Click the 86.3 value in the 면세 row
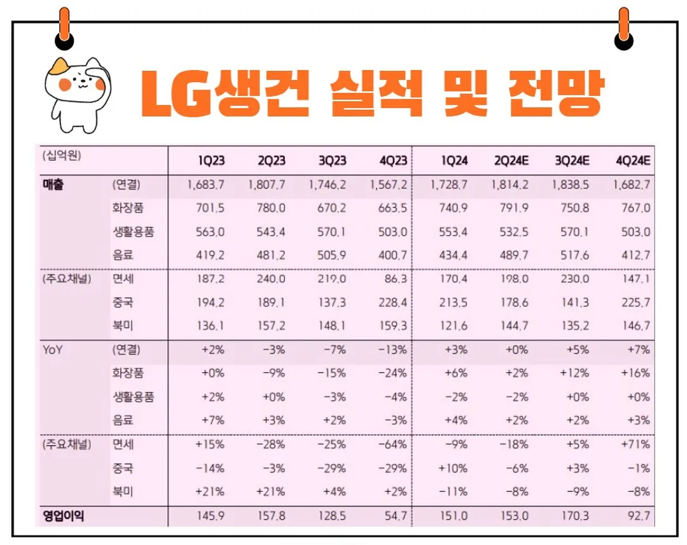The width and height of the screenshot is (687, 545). point(394,278)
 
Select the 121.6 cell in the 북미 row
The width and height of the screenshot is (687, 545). point(454,325)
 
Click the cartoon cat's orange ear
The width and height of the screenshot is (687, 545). point(61,66)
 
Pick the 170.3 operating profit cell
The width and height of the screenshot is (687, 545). point(574,516)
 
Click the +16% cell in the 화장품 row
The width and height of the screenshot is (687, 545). point(635,373)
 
